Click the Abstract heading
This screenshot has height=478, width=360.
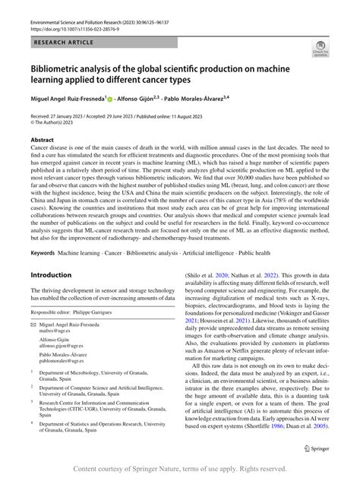click(x=42, y=141)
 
